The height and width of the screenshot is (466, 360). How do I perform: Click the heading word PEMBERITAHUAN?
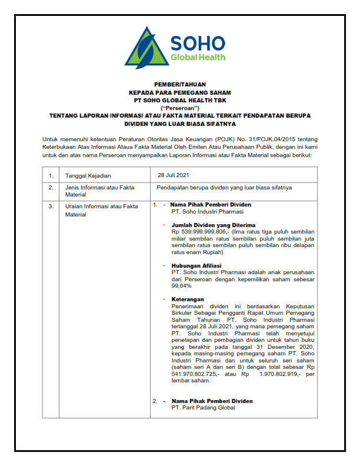coord(179,85)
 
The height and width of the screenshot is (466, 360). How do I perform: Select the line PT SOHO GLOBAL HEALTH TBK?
coord(179,101)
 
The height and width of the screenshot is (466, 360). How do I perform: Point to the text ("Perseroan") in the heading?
coord(179,108)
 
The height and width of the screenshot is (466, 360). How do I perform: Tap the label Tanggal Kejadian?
coord(88,175)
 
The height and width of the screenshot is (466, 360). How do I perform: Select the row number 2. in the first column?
coord(51,187)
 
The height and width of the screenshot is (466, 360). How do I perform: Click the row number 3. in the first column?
coord(51,206)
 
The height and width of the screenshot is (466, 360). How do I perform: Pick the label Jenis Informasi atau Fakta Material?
coord(99,191)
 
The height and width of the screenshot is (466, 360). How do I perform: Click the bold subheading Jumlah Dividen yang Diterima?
coord(213,225)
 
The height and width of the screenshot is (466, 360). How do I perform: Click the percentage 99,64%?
coord(181,286)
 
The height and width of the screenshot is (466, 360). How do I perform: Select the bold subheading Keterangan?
coord(188,299)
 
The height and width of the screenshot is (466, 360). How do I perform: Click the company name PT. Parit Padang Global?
coord(203,407)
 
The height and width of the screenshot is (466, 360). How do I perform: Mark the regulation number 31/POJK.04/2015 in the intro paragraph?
coord(272,139)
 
